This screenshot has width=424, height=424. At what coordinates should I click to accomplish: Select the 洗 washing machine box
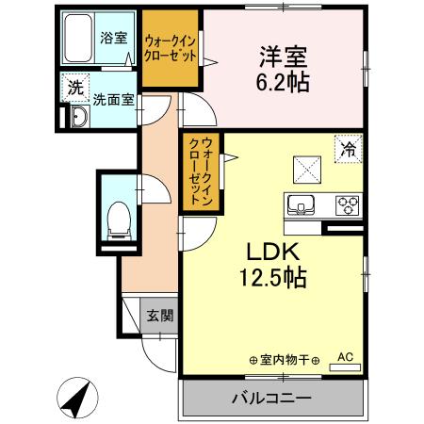(x=74, y=88)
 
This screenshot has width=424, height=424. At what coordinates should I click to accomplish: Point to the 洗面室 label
(x=112, y=97)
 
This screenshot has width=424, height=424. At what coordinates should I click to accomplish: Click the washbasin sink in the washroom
(x=77, y=116)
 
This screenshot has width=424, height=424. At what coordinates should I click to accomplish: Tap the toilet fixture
(x=120, y=219)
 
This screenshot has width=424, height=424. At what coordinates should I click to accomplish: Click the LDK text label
(x=272, y=253)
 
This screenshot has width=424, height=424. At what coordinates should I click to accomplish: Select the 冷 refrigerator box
(x=347, y=148)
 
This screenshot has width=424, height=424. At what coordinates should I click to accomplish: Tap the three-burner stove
(x=345, y=204)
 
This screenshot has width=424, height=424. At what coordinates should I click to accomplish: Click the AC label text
(x=345, y=357)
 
